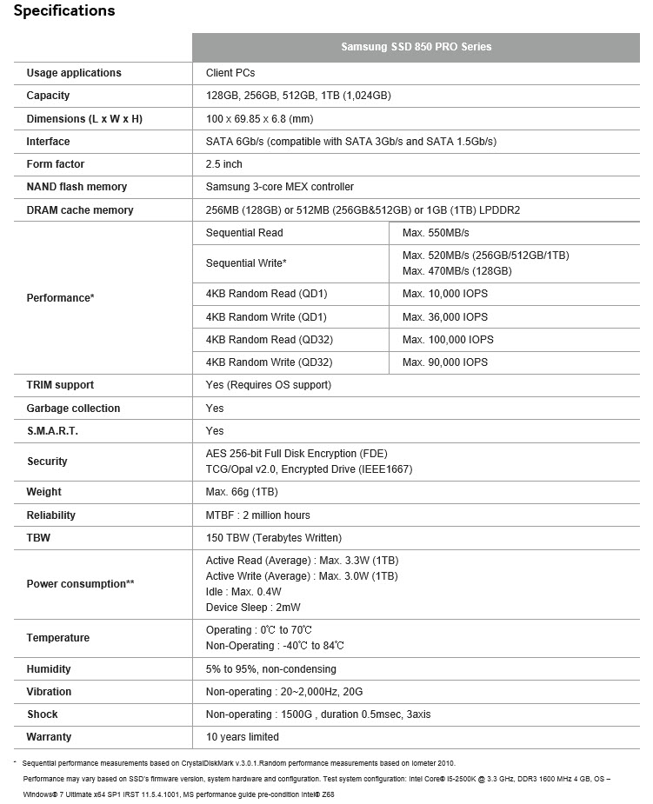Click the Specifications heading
(x=64, y=11)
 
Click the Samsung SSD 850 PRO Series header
(x=416, y=47)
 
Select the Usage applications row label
(x=74, y=73)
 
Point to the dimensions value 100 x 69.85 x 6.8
(x=259, y=118)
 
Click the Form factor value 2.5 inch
(x=224, y=164)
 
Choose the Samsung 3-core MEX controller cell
(x=280, y=187)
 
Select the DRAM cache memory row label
(x=80, y=210)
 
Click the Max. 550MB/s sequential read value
(x=436, y=233)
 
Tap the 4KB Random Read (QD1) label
(x=266, y=294)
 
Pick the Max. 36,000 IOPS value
(x=445, y=317)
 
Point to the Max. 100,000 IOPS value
(x=448, y=340)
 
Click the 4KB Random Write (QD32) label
(x=270, y=362)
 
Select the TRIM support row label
(x=60, y=385)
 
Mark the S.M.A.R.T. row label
(x=52, y=431)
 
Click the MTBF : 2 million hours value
(x=257, y=515)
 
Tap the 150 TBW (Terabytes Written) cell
(x=274, y=538)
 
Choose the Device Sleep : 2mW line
(x=253, y=608)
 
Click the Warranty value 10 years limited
(x=243, y=737)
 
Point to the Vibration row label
(x=49, y=692)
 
